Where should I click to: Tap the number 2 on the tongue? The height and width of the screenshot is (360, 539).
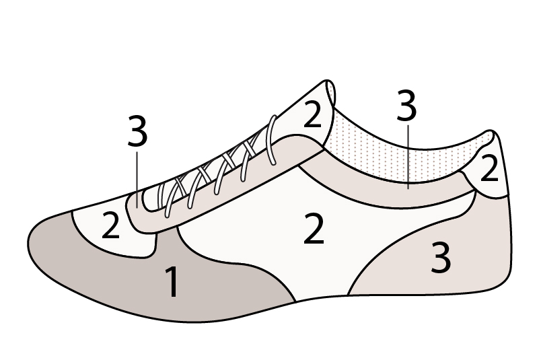click(x=312, y=115)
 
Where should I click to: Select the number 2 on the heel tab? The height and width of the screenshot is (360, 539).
click(x=489, y=169)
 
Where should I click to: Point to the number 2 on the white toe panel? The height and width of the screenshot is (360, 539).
click(x=110, y=227)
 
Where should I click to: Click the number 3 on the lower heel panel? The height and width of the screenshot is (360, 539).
click(x=440, y=259)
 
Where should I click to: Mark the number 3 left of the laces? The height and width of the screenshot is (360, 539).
click(x=137, y=133)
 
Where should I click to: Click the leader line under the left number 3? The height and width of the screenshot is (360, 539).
click(x=137, y=178)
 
